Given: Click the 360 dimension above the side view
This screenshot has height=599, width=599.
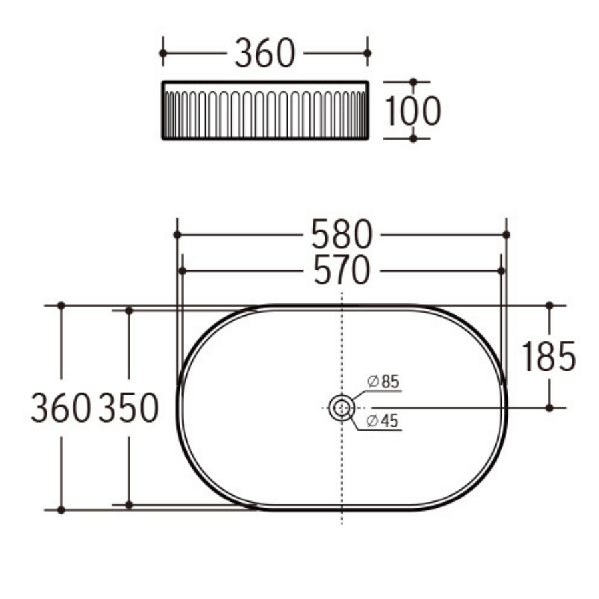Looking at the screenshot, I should click(264, 53).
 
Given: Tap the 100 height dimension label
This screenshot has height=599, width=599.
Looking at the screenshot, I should click(413, 111).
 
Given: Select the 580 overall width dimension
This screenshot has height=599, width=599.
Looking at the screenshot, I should click(341, 235).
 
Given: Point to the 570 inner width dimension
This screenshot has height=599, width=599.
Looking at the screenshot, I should click(341, 271).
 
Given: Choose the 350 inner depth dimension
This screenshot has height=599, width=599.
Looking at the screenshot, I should click(128, 407).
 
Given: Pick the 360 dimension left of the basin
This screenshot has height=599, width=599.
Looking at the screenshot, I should click(61, 407).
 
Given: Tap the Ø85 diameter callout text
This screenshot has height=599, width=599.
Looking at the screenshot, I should click(383, 381).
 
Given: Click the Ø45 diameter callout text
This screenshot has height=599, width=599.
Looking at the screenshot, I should click(383, 421).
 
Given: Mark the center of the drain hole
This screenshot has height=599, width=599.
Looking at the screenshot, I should click(341, 407).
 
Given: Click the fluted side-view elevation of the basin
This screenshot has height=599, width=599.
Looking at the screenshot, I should click(265, 110).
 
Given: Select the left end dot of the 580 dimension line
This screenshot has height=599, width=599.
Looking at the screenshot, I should click(177, 235).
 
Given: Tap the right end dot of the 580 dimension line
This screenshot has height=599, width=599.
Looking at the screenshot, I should click(506, 235).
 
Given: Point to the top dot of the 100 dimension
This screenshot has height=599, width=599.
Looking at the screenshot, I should click(413, 82).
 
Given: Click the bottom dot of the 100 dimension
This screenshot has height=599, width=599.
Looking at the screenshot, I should click(413, 138).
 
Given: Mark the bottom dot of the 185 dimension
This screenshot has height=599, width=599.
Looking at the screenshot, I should click(549, 407).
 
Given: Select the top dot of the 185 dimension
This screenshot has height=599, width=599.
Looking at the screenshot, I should click(549, 305).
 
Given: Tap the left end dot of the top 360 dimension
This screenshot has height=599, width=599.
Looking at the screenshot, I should click(163, 53).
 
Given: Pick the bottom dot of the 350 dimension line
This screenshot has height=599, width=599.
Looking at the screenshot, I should click(129, 505).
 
